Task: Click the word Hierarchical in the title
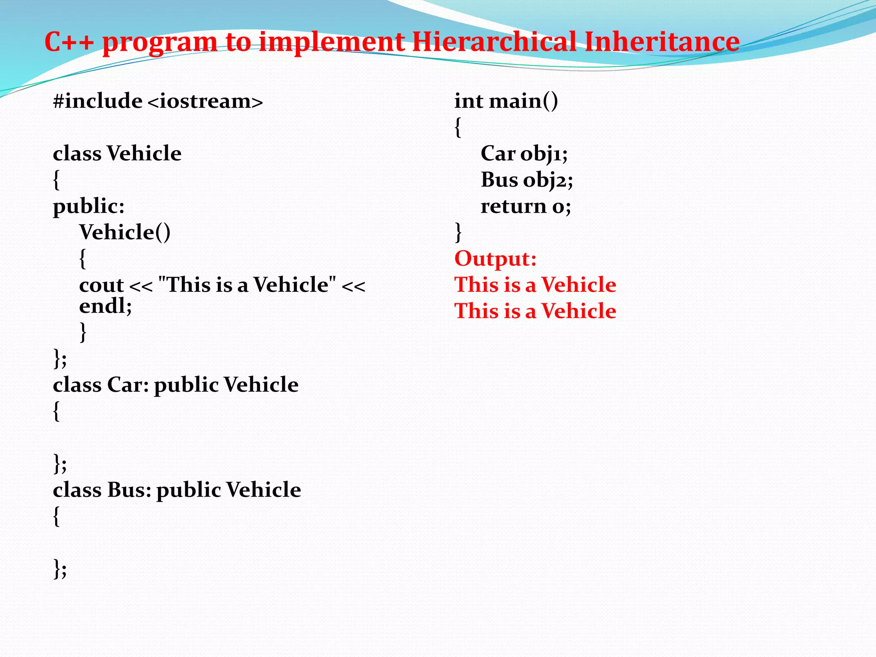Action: (x=494, y=42)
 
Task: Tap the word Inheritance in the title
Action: (x=662, y=42)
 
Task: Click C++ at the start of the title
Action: (x=69, y=42)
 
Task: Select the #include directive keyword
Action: (x=98, y=101)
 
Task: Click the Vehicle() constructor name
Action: (x=124, y=233)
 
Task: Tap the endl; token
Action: (x=105, y=306)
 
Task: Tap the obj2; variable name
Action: (x=548, y=180)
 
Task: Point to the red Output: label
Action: (x=495, y=259)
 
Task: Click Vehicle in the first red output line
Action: (x=579, y=285)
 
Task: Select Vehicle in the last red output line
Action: (x=579, y=311)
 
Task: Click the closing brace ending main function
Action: (x=458, y=232)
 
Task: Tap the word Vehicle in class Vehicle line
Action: (x=144, y=154)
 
